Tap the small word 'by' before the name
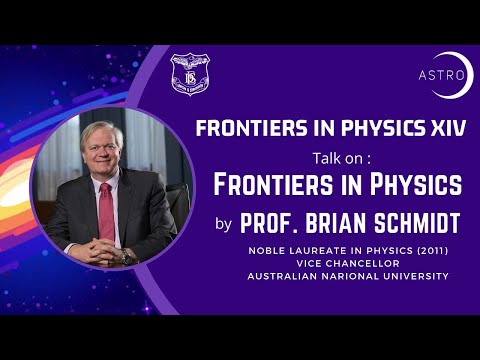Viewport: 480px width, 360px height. pos(223,223)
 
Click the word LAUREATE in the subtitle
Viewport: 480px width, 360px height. pos(336,249)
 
